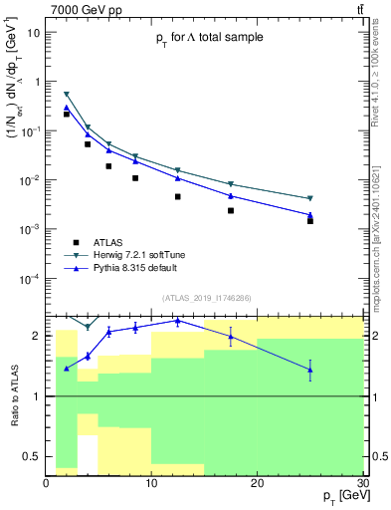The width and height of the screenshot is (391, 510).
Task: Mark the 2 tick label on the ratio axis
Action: [x=37, y=336]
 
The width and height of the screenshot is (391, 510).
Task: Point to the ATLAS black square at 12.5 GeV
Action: [x=177, y=196]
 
